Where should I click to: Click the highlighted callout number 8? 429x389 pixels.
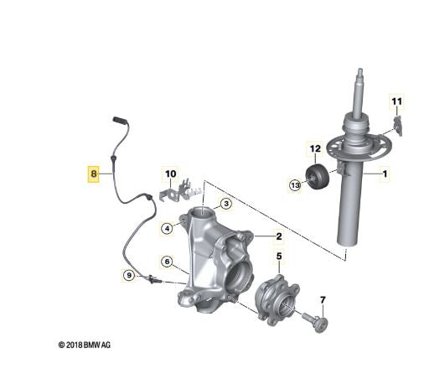[x=94, y=174]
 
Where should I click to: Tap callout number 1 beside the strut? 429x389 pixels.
[x=385, y=174]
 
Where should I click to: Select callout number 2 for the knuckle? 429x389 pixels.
[x=279, y=236]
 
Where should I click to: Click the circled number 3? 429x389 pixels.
[x=226, y=204]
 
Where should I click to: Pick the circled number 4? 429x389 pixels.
[x=167, y=229]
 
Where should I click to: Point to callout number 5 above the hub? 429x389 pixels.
[x=279, y=256]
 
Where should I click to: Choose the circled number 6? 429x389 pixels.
[x=167, y=262]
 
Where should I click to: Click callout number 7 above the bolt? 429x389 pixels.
[x=323, y=300]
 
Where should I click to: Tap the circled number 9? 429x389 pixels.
[x=129, y=276]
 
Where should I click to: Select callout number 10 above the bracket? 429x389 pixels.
[x=171, y=174]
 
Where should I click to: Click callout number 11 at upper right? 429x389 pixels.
[x=396, y=101]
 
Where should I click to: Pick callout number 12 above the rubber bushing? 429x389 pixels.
[x=315, y=148]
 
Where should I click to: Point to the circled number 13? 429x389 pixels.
[x=295, y=185]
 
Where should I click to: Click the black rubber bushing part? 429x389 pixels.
[x=318, y=177]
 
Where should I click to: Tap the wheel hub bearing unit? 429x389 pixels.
[x=277, y=301]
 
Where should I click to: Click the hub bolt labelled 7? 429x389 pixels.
[x=315, y=323]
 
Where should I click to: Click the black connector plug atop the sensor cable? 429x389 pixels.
[x=120, y=119]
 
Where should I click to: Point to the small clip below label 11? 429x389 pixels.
[x=398, y=127]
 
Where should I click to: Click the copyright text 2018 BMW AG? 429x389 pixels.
[x=85, y=345]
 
